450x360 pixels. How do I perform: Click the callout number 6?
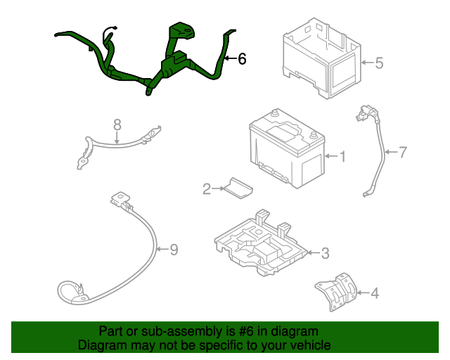click(243, 59)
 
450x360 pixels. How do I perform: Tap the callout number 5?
click(379, 63)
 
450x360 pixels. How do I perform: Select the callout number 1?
click(342, 156)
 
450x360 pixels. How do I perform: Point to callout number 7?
click(403, 151)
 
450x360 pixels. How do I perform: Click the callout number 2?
click(207, 188)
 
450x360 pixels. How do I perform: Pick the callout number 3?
click(325, 252)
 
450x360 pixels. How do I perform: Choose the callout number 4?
click(375, 292)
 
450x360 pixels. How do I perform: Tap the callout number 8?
click(117, 124)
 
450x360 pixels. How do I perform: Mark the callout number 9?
click(174, 248)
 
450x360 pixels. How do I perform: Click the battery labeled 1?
click(285, 151)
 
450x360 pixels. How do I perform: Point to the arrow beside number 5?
click(366, 63)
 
